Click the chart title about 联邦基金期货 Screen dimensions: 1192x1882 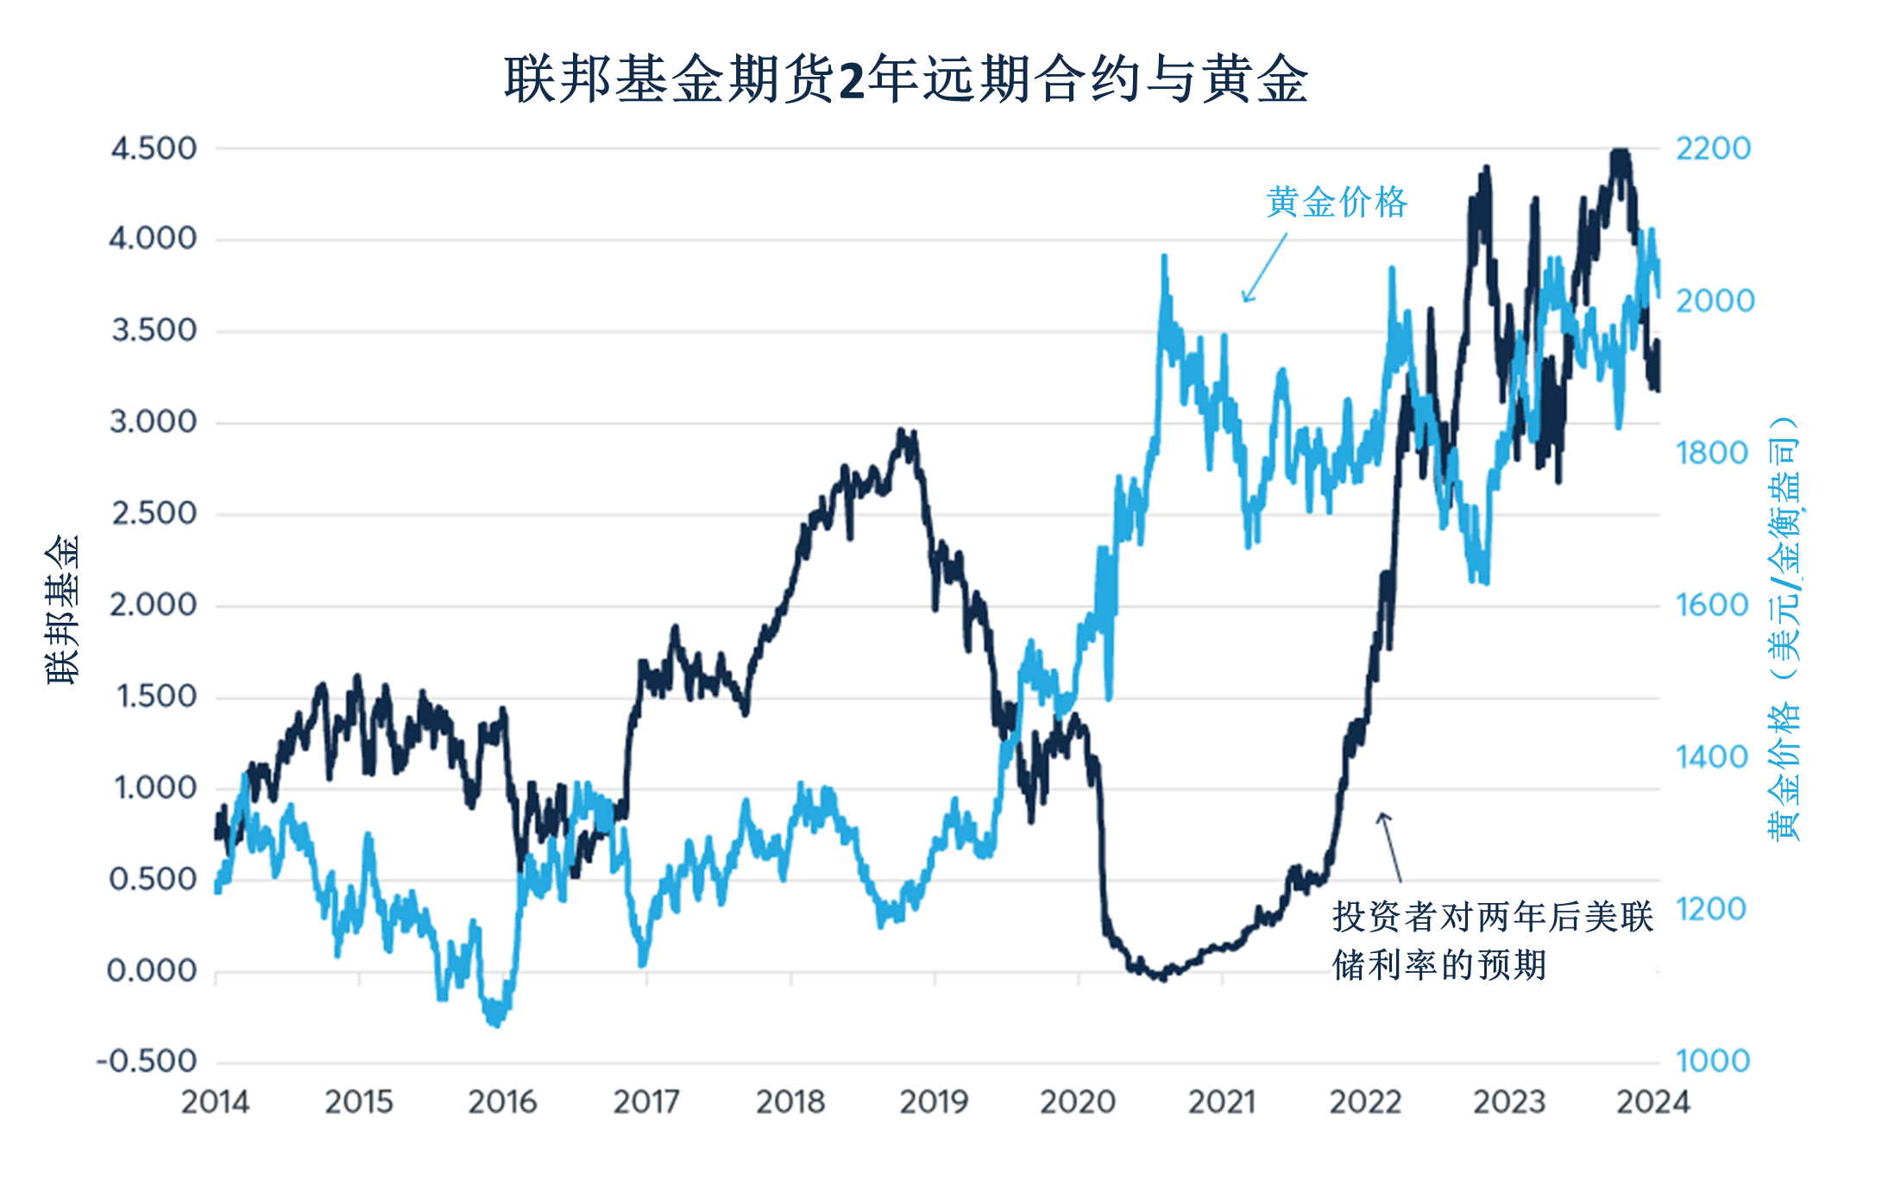[906, 79]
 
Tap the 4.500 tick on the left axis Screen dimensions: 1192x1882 [154, 148]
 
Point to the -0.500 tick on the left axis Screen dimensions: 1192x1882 [147, 1061]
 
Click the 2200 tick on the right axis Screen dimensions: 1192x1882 [1713, 148]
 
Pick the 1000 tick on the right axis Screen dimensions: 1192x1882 [1713, 1061]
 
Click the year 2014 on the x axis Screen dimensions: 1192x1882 [215, 1102]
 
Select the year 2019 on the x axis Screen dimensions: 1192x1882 [935, 1102]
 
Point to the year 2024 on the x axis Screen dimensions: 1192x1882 [1652, 1102]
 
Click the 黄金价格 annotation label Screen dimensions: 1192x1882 [1337, 203]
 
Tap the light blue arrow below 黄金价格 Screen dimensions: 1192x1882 [1263, 268]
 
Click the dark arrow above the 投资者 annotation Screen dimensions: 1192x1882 [1389, 845]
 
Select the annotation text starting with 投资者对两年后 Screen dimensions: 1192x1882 [1491, 940]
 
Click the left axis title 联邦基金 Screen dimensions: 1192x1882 [62, 609]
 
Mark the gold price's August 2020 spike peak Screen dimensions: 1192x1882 [1164, 256]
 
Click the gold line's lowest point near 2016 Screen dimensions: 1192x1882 [495, 1025]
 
